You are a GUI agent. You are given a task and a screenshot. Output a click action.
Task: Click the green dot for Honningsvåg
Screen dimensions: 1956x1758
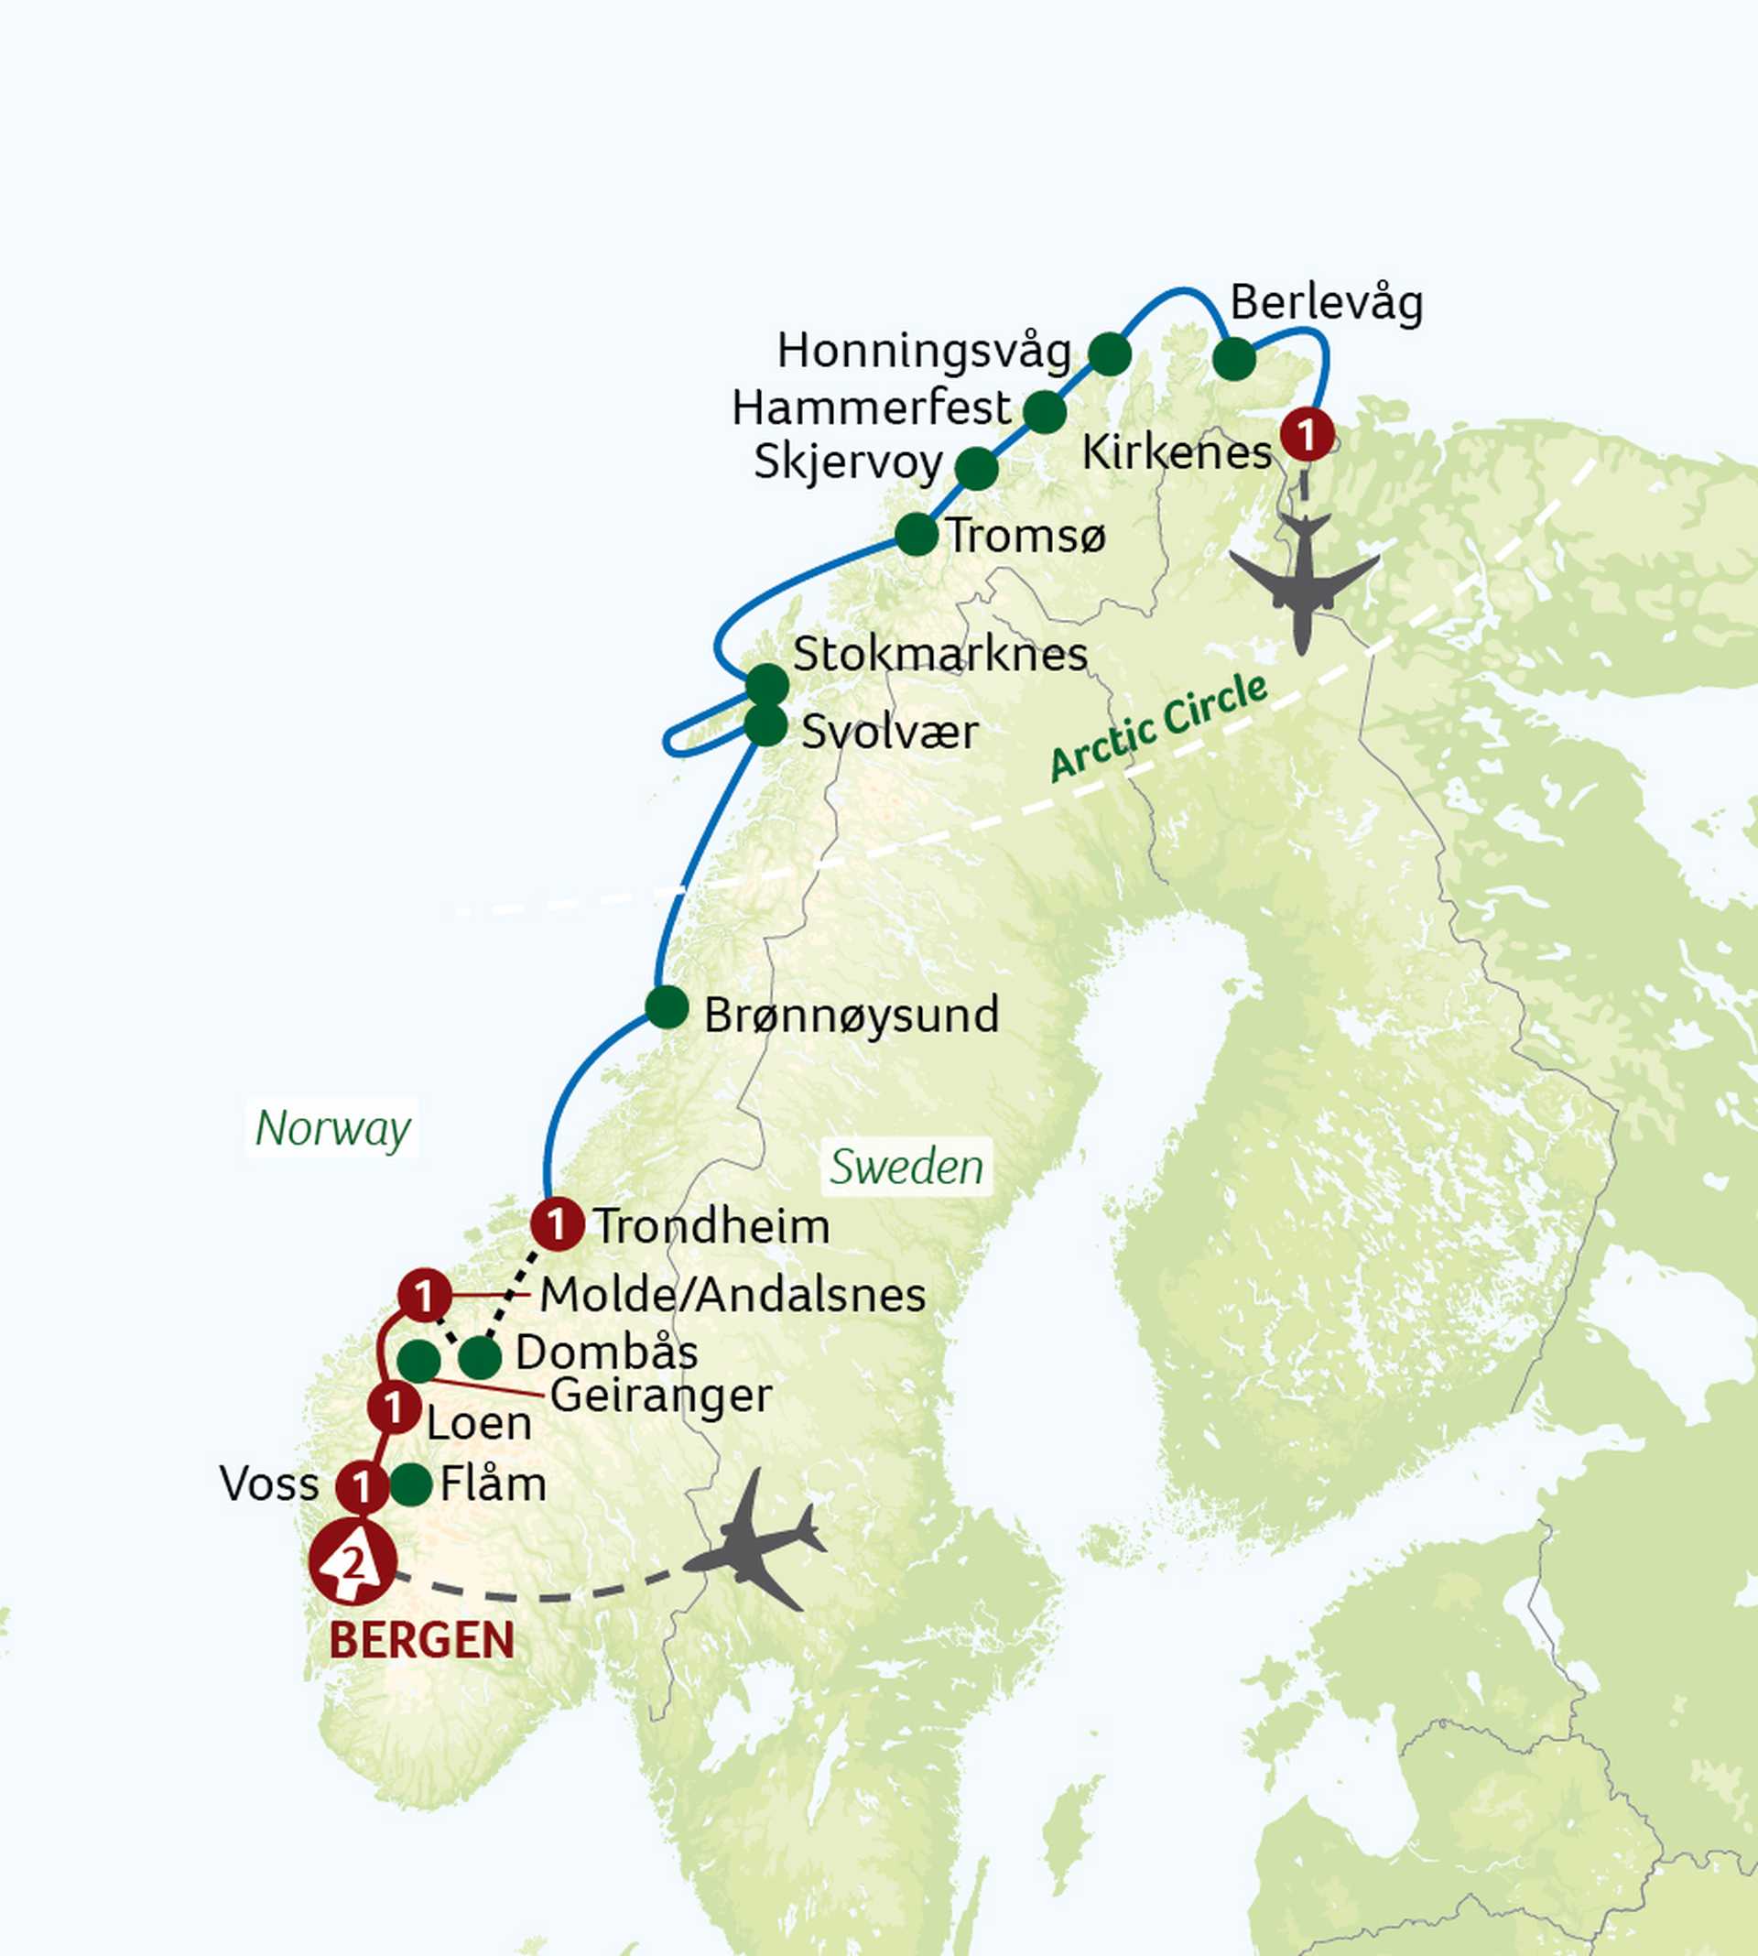click(1109, 354)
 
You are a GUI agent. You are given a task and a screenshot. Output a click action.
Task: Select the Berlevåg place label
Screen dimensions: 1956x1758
click(1326, 303)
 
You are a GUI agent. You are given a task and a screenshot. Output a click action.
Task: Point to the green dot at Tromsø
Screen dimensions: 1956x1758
click(916, 534)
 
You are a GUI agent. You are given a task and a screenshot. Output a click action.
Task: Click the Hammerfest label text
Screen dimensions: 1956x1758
click(871, 407)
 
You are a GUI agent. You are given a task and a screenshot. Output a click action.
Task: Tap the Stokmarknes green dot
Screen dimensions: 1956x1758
click(767, 685)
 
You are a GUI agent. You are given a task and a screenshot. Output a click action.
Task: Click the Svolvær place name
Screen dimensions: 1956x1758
click(890, 733)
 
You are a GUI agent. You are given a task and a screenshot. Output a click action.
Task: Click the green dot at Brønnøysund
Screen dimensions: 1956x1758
click(667, 1007)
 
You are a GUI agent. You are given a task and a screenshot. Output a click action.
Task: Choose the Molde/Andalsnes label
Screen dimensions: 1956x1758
click(732, 1294)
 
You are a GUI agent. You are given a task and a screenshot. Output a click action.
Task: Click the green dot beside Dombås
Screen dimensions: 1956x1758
click(480, 1357)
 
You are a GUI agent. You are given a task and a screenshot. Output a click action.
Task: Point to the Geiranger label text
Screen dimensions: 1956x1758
click(661, 1395)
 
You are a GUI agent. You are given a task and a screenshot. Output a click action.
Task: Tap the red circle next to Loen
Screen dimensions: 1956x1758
click(394, 1407)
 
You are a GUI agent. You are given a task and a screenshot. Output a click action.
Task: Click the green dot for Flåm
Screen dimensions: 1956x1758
click(410, 1483)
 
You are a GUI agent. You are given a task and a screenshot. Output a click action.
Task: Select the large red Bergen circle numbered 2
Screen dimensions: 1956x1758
click(353, 1561)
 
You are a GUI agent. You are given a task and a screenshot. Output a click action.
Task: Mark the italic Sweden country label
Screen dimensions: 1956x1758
click(906, 1167)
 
